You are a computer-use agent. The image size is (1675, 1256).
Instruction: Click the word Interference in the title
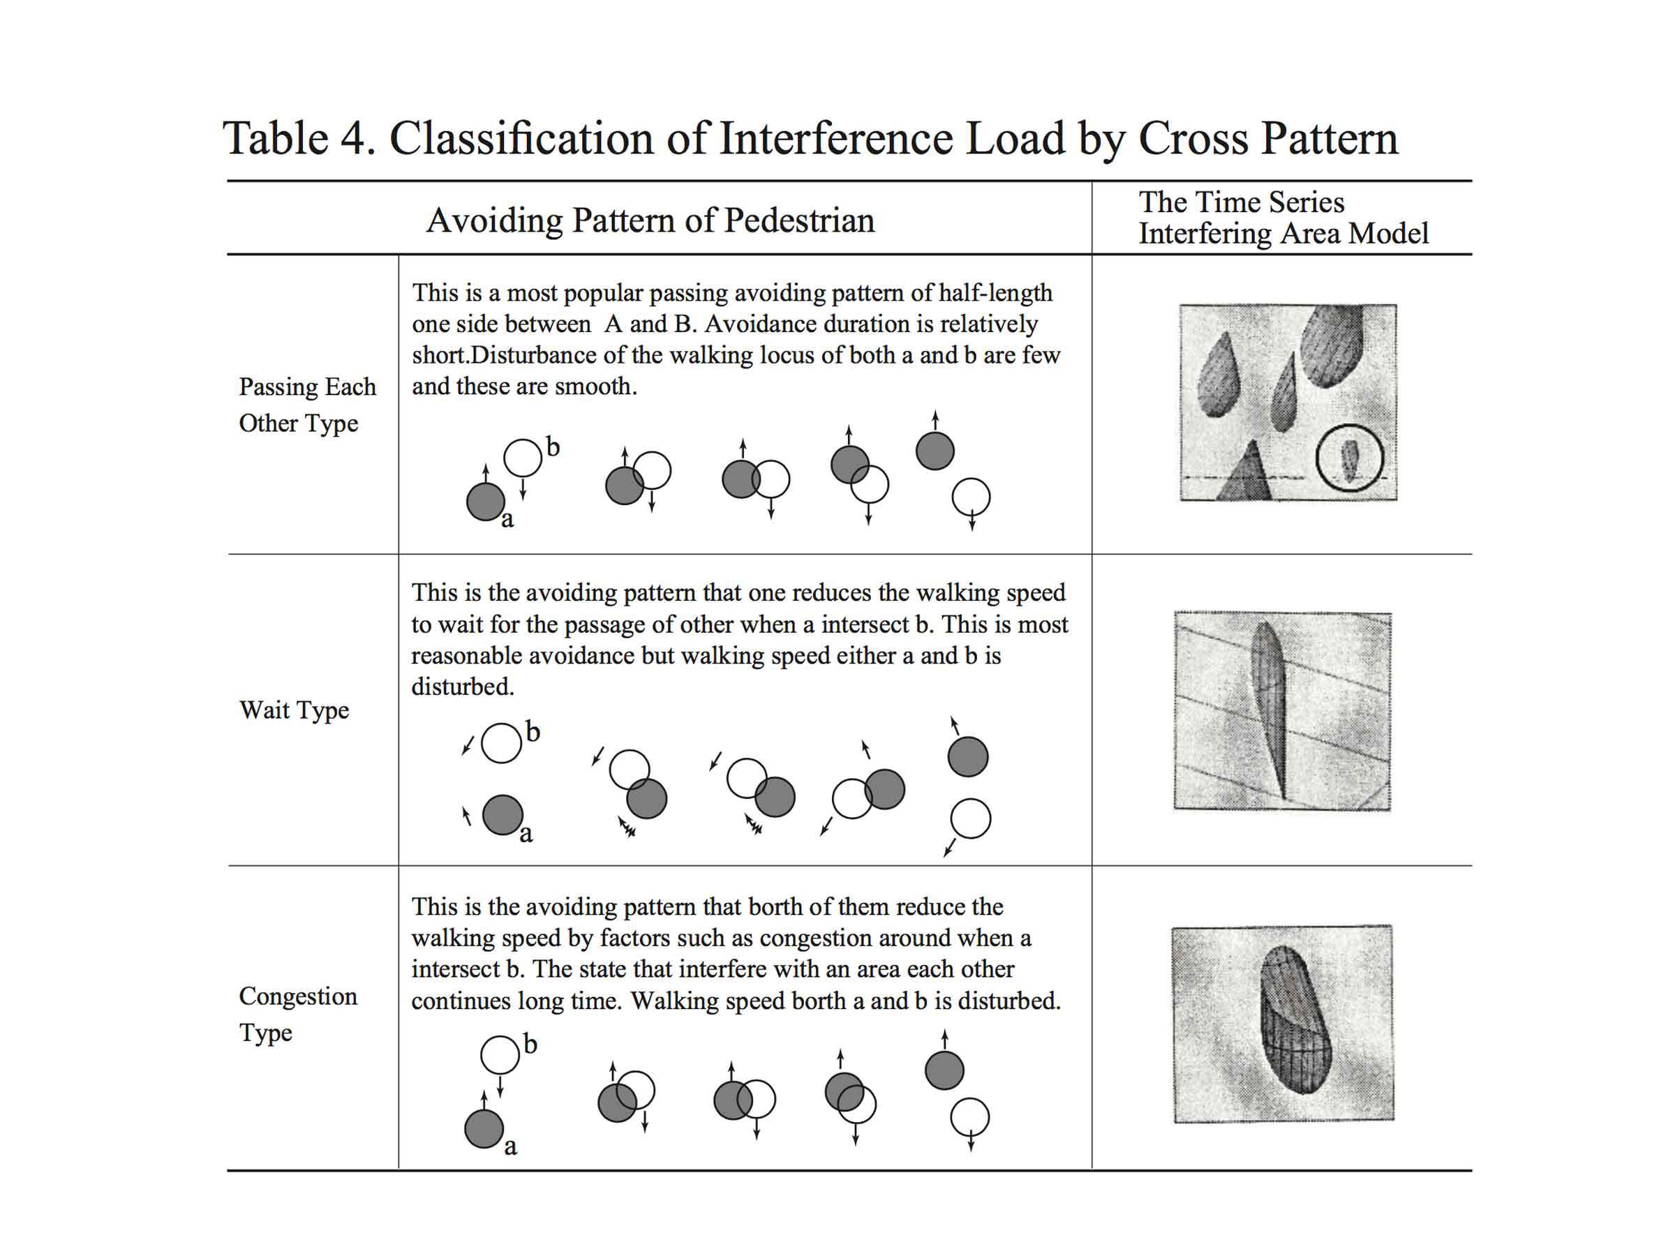tap(836, 139)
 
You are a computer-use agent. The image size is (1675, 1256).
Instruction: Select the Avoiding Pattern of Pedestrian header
tap(650, 220)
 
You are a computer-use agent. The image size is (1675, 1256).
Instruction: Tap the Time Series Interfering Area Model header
tap(1283, 218)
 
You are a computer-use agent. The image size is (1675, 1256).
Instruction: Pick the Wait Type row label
tap(294, 710)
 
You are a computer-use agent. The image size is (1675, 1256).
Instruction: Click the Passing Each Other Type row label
tap(306, 404)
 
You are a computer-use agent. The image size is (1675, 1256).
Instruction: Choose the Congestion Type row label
tap(297, 1014)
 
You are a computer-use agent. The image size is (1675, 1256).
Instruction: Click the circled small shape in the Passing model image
tap(1349, 461)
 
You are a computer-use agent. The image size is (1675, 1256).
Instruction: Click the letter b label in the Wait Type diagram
tap(533, 732)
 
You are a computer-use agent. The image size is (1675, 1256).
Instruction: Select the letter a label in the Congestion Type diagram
tap(511, 1146)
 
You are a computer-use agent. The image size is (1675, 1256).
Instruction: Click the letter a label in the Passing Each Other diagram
tap(507, 519)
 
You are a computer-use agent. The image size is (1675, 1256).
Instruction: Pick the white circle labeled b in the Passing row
tap(523, 458)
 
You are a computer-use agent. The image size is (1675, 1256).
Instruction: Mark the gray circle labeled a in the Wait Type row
tap(502, 814)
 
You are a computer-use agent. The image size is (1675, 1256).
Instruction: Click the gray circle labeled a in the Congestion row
tap(484, 1129)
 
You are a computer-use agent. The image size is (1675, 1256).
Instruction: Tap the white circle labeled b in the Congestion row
tap(500, 1054)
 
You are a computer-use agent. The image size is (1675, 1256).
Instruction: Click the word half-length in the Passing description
tap(995, 293)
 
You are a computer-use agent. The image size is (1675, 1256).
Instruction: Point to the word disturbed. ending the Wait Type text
tap(463, 687)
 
